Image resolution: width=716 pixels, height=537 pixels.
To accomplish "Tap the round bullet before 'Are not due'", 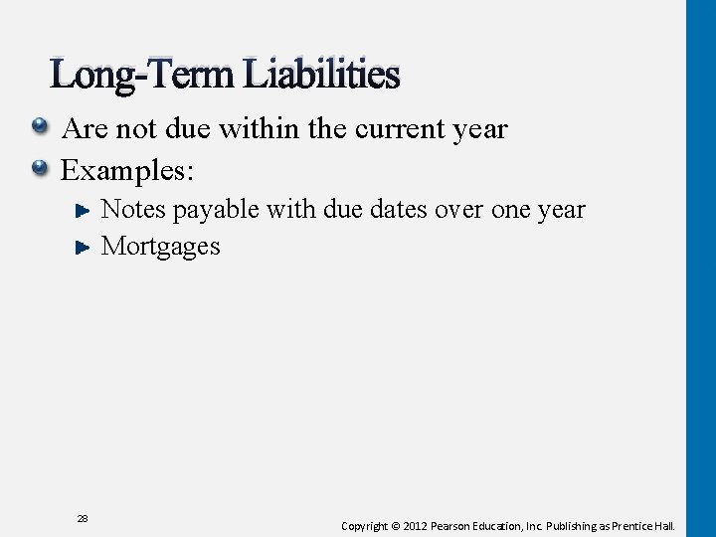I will pyautogui.click(x=40, y=127).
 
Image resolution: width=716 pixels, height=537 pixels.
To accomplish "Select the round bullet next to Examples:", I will pyautogui.click(x=40, y=168).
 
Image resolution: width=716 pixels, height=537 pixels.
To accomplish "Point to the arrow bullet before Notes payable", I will pyautogui.click(x=84, y=210).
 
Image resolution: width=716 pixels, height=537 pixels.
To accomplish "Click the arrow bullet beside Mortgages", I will pyautogui.click(x=84, y=247).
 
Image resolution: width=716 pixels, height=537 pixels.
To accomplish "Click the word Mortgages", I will pyautogui.click(x=161, y=247).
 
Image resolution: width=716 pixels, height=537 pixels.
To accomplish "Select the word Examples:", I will pyautogui.click(x=127, y=170).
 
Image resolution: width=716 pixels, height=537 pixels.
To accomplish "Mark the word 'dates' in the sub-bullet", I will pyautogui.click(x=401, y=210).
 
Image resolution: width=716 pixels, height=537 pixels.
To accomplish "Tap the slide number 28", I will pyautogui.click(x=83, y=518).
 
